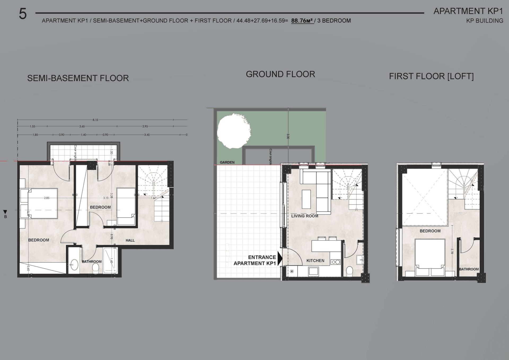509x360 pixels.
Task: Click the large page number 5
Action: [23, 14]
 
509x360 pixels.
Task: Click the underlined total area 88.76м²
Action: [302, 21]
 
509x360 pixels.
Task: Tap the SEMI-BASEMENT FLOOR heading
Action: [78, 78]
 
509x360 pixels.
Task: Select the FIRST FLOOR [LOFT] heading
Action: [431, 76]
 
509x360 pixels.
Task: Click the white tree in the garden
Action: [234, 131]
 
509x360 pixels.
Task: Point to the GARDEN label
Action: [227, 162]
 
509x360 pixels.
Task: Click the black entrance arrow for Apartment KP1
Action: [280, 258]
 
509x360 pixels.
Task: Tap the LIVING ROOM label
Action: [305, 216]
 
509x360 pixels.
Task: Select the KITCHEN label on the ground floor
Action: [315, 261]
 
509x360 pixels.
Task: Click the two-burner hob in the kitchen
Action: [335, 262]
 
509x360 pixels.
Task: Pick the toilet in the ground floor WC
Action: [349, 271]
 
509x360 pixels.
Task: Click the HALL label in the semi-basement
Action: [130, 240]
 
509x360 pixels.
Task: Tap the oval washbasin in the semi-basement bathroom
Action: [74, 265]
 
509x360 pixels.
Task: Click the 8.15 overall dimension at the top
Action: [95, 120]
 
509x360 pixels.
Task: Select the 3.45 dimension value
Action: [147, 135]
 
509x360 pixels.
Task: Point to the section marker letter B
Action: [5, 217]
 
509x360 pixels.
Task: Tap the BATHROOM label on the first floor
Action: [469, 269]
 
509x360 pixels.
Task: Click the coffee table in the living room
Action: [306, 199]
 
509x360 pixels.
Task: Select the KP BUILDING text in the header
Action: [484, 21]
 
